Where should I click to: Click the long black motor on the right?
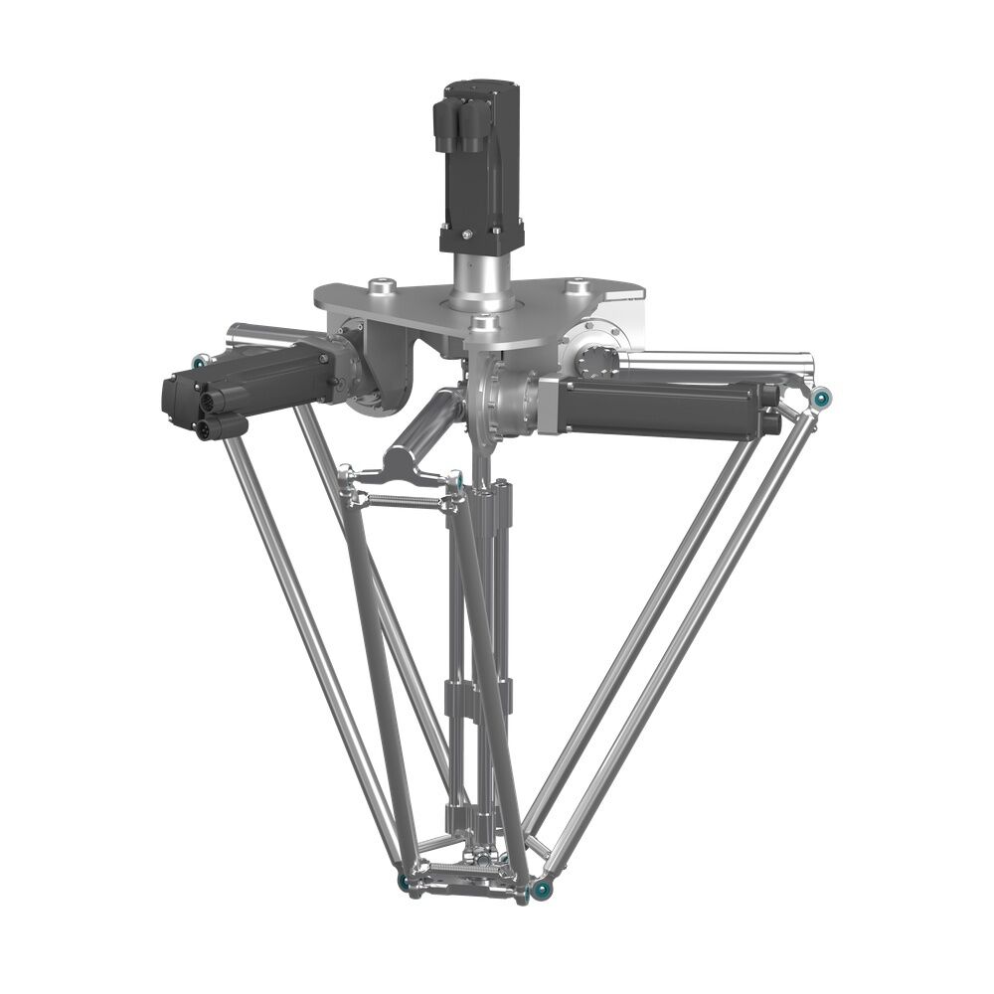pos(661,408)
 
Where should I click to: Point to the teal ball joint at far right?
pos(821,400)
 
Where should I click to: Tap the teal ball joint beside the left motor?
pos(199,363)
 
